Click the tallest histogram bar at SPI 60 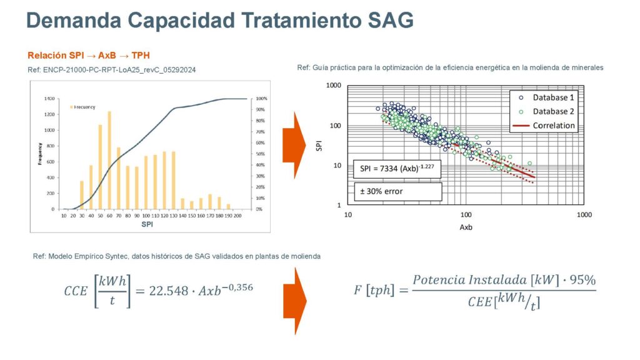point(109,161)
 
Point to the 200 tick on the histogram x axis point(237,216)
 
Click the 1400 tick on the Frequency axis point(49,99)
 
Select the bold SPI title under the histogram point(147,224)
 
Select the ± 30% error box point(395,191)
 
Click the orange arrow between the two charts point(292,144)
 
